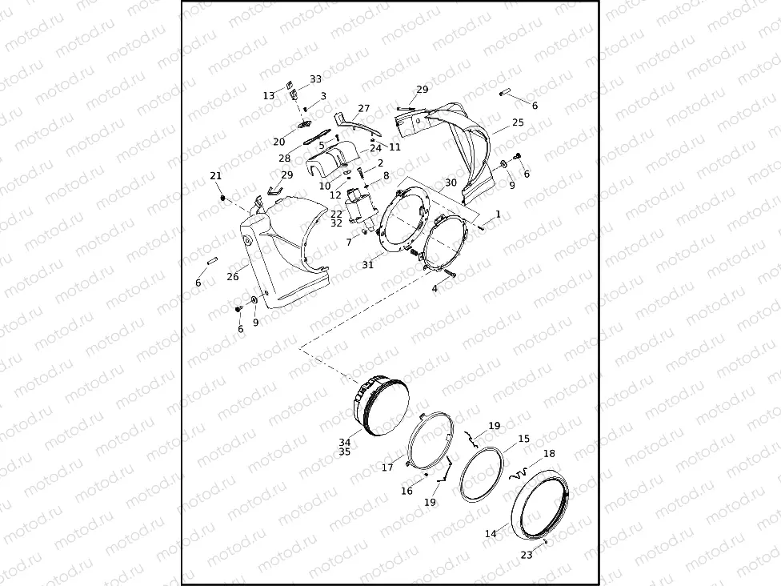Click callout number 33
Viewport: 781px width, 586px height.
point(316,79)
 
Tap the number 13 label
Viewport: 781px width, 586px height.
point(269,96)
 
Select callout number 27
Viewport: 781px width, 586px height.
point(364,108)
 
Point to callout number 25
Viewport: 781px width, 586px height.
point(518,122)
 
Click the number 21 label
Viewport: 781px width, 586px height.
point(215,176)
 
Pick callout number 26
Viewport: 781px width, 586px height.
point(232,277)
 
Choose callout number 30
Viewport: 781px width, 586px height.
point(451,183)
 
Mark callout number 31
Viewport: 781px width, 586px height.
point(367,265)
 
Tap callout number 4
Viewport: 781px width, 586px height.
point(435,288)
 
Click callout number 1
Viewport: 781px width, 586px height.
point(498,215)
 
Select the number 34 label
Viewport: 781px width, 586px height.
point(344,441)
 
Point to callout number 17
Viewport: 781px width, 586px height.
point(387,468)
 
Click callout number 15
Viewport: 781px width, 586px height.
point(523,439)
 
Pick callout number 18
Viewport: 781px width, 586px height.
point(549,453)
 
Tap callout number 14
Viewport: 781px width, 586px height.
point(491,533)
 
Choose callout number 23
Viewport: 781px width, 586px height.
point(526,554)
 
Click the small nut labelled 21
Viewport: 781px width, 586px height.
point(222,197)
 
